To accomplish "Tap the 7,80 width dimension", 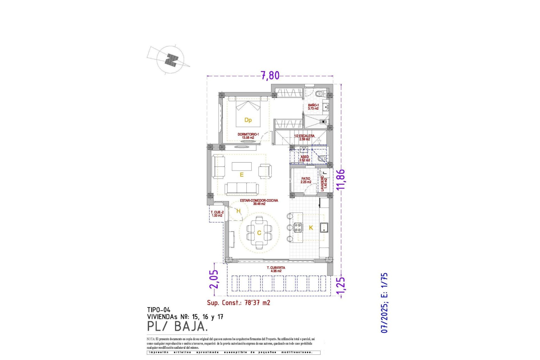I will click(x=270, y=75).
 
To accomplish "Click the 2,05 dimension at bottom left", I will click(x=214, y=279).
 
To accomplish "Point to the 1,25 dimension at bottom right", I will click(x=341, y=287).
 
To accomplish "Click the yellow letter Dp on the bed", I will click(x=248, y=120).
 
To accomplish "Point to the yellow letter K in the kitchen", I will click(x=311, y=228).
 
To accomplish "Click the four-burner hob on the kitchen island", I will click(x=298, y=227).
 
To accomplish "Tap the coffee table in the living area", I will click(x=242, y=166).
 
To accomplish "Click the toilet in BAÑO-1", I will click(x=320, y=94).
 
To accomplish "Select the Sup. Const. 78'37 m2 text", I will click(x=238, y=303).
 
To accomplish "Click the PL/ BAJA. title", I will click(x=177, y=326).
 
